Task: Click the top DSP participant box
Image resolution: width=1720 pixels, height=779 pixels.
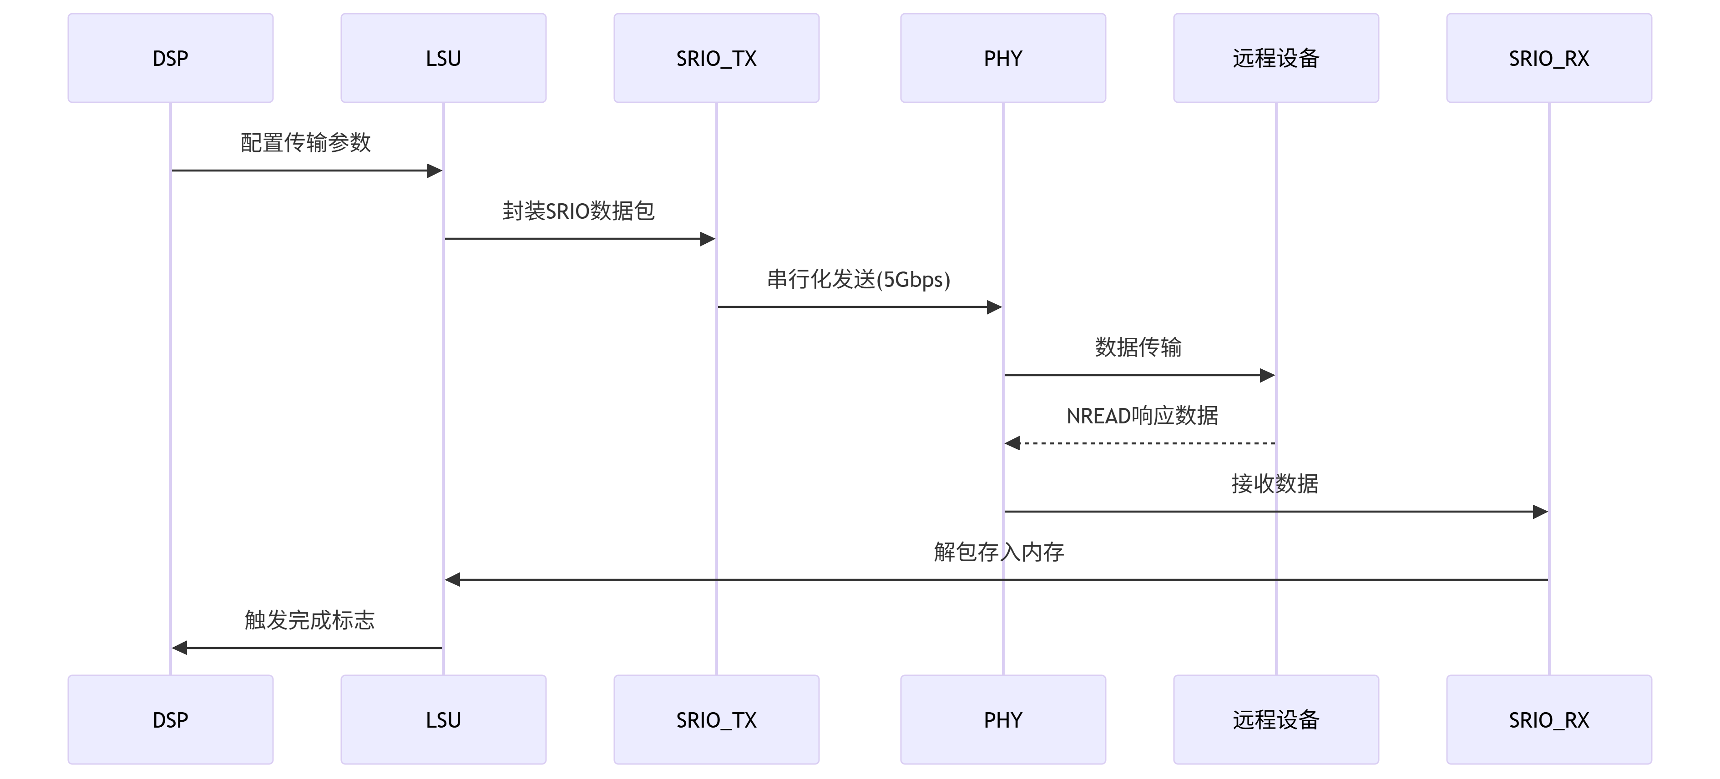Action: (x=170, y=58)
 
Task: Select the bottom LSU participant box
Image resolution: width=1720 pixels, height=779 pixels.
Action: (x=443, y=719)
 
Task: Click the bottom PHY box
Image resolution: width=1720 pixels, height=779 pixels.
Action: (x=1002, y=719)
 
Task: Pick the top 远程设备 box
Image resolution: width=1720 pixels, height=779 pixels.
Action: (x=1275, y=58)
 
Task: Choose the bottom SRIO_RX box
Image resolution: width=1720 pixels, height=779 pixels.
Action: (x=1548, y=719)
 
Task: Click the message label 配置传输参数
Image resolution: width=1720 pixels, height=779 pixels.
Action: (x=305, y=142)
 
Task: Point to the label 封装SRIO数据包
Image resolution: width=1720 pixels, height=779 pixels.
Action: (x=578, y=211)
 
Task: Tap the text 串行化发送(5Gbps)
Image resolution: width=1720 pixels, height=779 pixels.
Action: (x=858, y=279)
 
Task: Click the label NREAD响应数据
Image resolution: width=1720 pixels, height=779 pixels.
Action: (x=1142, y=416)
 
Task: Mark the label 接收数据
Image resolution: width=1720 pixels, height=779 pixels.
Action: (x=1275, y=483)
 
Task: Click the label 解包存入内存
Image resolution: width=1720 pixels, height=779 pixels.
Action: (x=998, y=552)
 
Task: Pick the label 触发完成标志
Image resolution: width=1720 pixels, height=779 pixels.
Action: (x=309, y=620)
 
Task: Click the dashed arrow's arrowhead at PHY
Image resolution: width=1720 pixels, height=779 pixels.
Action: (x=1012, y=443)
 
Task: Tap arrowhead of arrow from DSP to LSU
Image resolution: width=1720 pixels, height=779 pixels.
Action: (x=435, y=171)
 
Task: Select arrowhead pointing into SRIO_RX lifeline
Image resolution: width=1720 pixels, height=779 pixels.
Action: (x=1540, y=512)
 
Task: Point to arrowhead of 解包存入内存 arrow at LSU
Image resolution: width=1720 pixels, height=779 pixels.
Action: (x=453, y=579)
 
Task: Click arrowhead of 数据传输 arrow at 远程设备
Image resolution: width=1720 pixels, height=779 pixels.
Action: (x=1267, y=375)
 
